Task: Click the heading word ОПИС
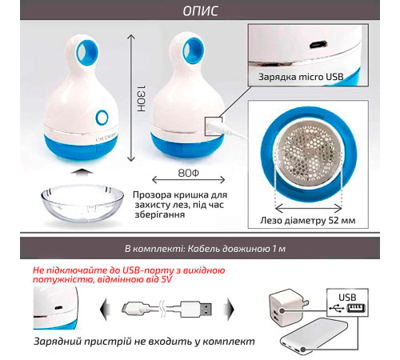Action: click(x=200, y=10)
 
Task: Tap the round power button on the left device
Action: click(x=102, y=117)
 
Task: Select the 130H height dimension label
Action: click(x=141, y=98)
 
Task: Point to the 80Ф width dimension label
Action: click(x=189, y=173)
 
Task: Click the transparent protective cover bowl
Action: click(x=82, y=205)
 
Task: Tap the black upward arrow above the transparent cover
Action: click(x=82, y=171)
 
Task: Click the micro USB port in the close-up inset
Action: click(x=318, y=44)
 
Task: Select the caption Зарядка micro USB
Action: click(x=301, y=77)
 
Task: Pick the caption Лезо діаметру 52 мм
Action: click(x=308, y=221)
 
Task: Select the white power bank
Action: click(x=314, y=337)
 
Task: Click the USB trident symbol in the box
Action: click(x=337, y=309)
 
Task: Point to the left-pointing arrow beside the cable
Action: click(x=105, y=310)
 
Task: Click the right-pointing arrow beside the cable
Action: click(x=230, y=310)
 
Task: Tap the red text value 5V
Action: click(x=166, y=279)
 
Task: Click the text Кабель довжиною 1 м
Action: click(x=237, y=249)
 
